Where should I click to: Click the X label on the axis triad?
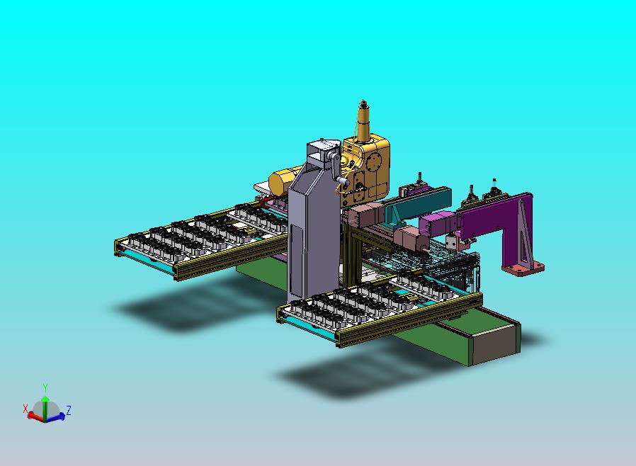click(x=25, y=409)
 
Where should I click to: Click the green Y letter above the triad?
click(x=45, y=387)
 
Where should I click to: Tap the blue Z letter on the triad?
click(x=69, y=410)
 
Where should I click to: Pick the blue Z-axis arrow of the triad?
click(x=55, y=416)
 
